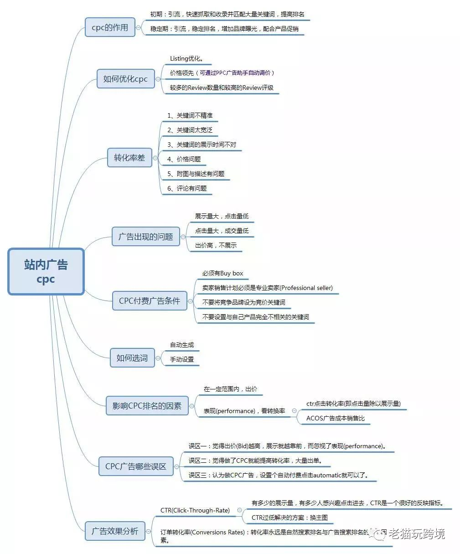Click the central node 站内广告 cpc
tap(46, 272)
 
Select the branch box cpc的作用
tap(110, 27)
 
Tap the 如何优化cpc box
tap(125, 79)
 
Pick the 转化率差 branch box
tap(129, 158)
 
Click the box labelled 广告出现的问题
tap(146, 237)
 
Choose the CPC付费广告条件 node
tap(150, 301)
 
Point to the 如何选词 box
tap(132, 358)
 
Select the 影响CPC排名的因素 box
tap(147, 405)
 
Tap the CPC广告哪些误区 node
tap(136, 466)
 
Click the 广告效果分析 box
tap(115, 531)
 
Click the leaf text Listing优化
tap(186, 58)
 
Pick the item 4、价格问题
tap(184, 159)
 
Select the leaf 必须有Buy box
tap(222, 273)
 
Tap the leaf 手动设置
tap(182, 359)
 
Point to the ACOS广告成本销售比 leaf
tap(335, 418)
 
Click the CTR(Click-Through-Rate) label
tap(195, 510)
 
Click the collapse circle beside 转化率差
tap(155, 158)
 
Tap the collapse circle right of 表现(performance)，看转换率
tap(294, 411)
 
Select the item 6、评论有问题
tap(187, 188)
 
